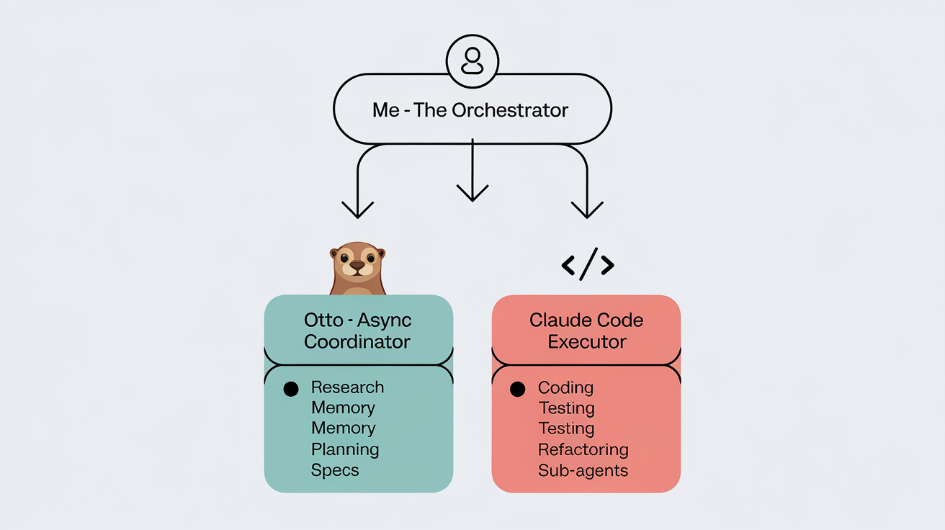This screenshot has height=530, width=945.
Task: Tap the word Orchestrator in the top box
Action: pos(510,110)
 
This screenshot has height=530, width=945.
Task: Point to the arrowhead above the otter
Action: pos(358,209)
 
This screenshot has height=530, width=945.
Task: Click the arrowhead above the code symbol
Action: pos(587,209)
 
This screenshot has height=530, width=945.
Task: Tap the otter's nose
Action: pos(357,266)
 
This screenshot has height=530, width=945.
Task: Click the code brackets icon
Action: pos(587,266)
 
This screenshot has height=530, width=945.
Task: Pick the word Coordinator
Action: pos(357,341)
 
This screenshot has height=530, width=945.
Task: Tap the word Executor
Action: pos(587,341)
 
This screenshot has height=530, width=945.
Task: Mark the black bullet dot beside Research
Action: pos(291,389)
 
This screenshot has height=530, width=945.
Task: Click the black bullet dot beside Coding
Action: pos(517,389)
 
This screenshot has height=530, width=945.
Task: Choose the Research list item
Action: pos(347,387)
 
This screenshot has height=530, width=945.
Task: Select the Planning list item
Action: pos(345,450)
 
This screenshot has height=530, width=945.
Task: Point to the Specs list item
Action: pos(335,471)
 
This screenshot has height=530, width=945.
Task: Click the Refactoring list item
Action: pos(583,450)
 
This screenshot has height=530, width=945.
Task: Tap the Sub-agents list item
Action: pos(583,471)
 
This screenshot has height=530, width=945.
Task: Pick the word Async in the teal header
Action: pos(385,320)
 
